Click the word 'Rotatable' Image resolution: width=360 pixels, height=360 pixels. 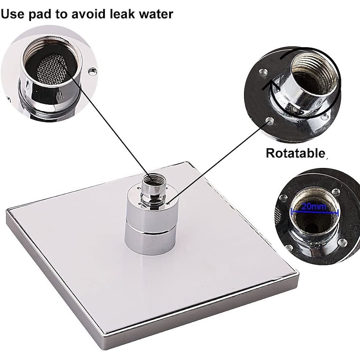(295, 153)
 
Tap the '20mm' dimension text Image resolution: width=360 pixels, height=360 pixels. (314, 207)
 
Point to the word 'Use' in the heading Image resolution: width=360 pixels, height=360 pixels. (14, 13)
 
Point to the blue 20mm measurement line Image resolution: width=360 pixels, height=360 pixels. (314, 212)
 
